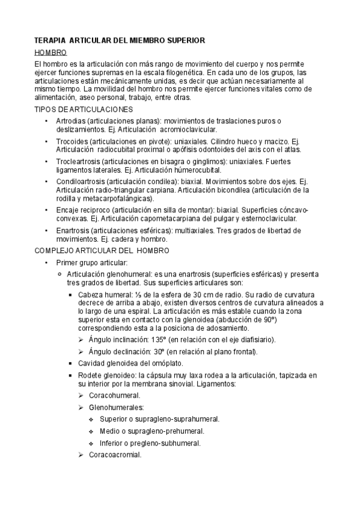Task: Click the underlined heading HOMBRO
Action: [50, 53]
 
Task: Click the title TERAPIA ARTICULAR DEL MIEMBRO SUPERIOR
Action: [120, 40]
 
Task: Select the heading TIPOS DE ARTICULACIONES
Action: [84, 109]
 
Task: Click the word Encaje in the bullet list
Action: [67, 210]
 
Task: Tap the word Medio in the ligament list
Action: [110, 431]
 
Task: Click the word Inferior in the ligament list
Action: [112, 443]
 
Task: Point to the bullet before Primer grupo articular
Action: [46, 263]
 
